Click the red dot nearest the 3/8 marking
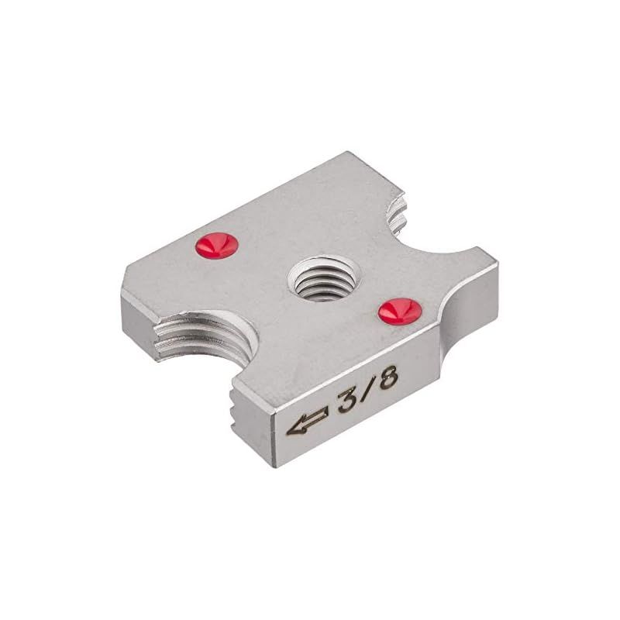(400, 311)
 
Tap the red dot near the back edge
(216, 245)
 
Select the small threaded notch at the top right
(398, 215)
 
